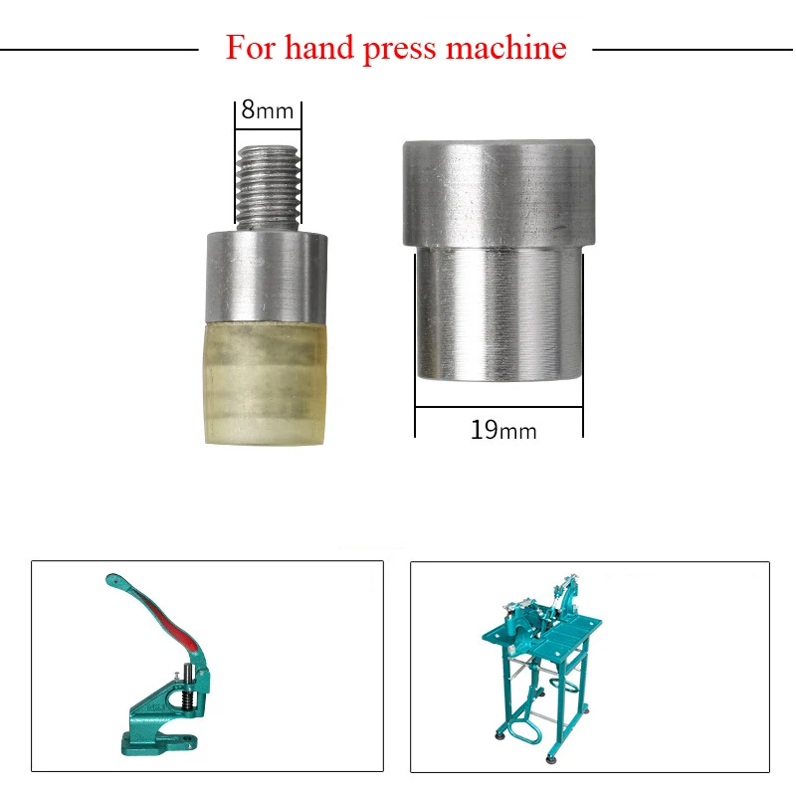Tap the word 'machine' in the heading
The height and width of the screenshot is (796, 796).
pyautogui.click(x=505, y=47)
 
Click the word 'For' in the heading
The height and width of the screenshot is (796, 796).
pyautogui.click(x=249, y=47)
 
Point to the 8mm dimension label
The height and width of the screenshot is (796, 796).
pyautogui.click(x=268, y=109)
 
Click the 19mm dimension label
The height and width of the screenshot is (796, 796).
pyautogui.click(x=502, y=431)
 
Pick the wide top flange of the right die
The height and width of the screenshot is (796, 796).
pyautogui.click(x=498, y=193)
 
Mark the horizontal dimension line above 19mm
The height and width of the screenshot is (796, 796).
pyautogui.click(x=498, y=407)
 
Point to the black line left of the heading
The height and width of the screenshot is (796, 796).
pyautogui.click(x=99, y=48)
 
